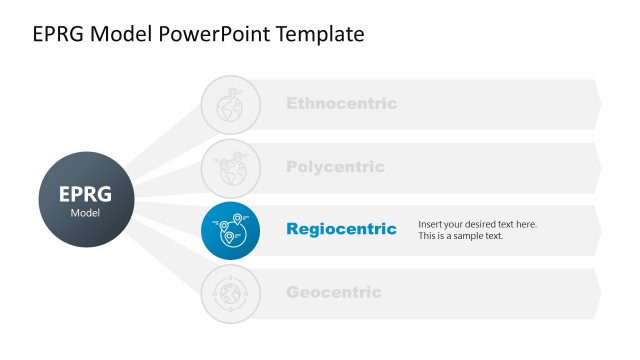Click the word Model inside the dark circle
point(84,213)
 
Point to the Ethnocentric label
point(341,103)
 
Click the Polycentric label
point(335,167)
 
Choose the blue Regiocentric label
point(341,229)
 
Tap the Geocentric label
point(333,292)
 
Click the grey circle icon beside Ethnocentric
point(230,104)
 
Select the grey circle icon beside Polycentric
point(230,167)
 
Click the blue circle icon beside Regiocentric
point(230,230)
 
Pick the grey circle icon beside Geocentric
point(230,293)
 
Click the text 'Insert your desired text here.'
point(477,224)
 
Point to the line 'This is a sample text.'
point(461,236)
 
